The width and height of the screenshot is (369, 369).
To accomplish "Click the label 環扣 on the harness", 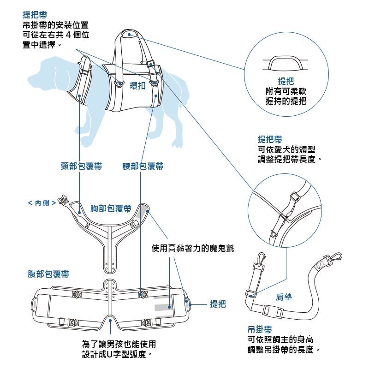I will point(138,86).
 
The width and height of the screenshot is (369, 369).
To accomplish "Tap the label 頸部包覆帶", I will point(82,166).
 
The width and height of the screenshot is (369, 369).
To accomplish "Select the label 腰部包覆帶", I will point(143,166).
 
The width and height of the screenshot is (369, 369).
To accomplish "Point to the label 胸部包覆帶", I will point(110,209).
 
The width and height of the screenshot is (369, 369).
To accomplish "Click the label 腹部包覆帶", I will point(48,274).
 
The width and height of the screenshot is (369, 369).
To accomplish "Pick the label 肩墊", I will point(284,298).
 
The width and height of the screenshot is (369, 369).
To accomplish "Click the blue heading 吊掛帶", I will point(260,330).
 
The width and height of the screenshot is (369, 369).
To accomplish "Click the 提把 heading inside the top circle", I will point(286,82).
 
